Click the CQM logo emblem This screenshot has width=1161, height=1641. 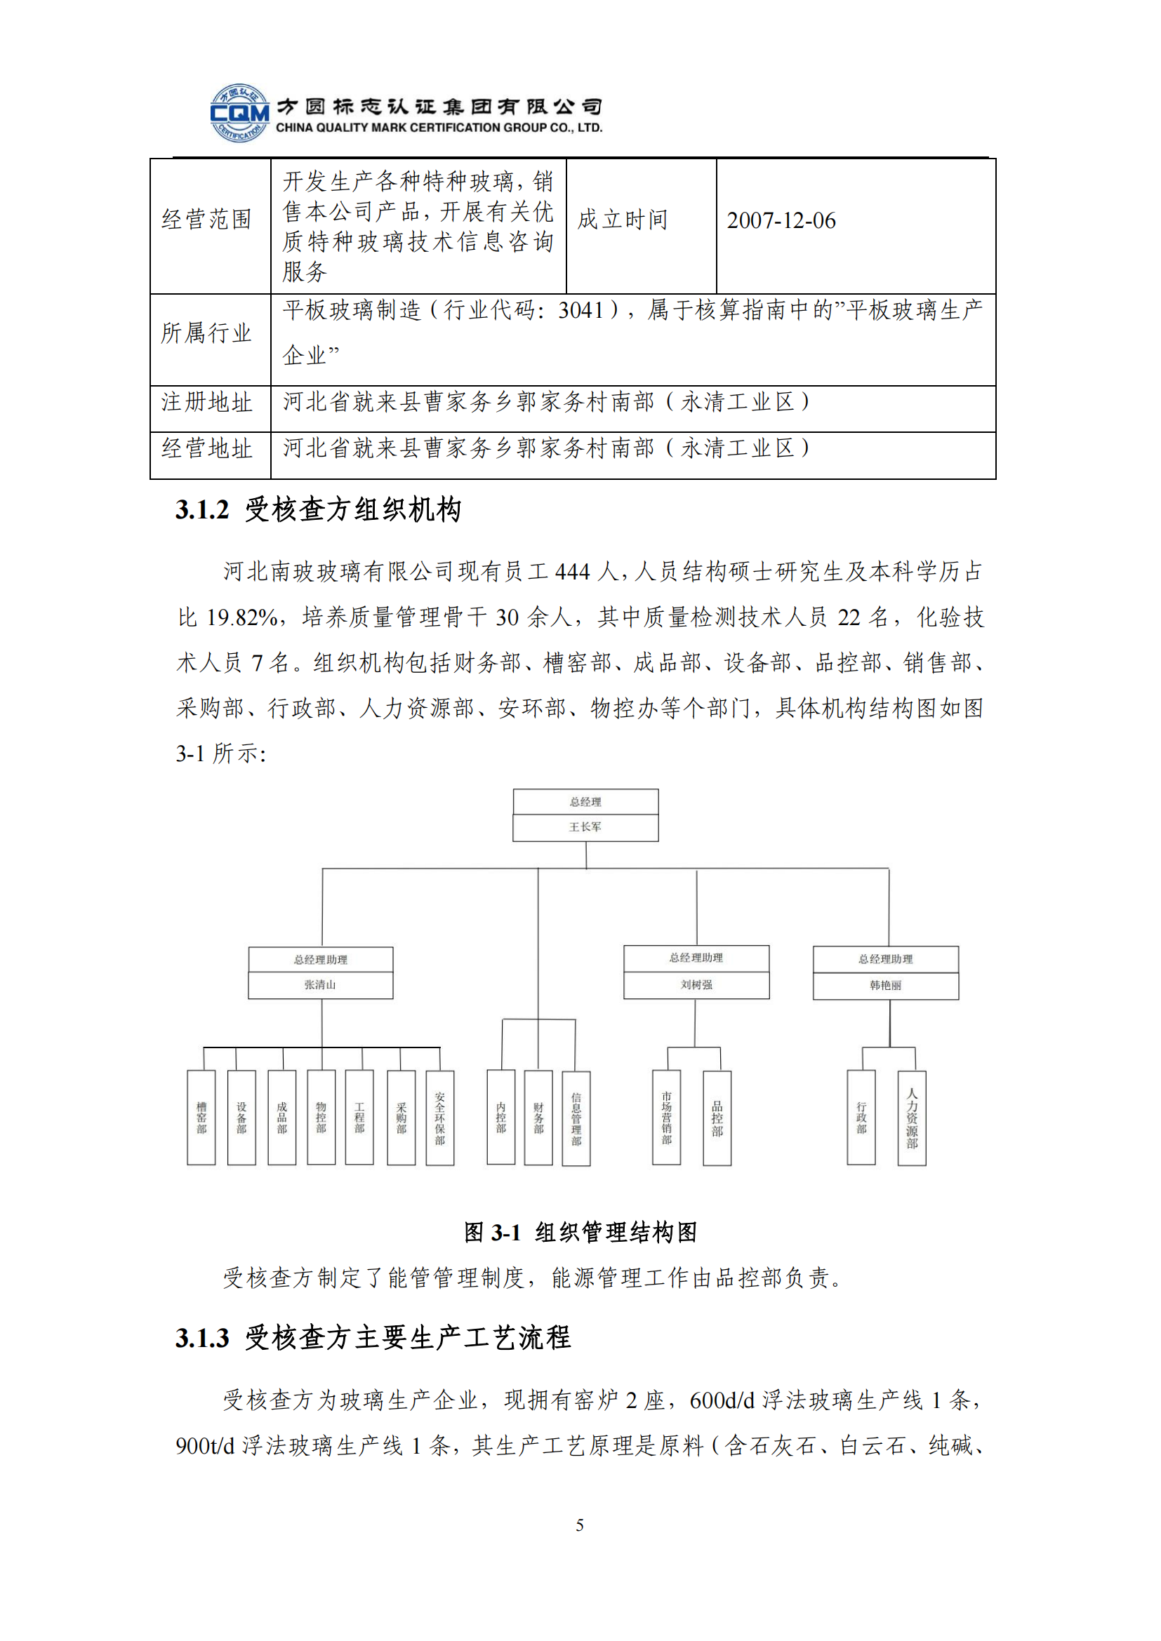point(239,113)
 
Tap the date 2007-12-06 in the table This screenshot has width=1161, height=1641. point(781,221)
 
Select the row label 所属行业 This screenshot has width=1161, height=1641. point(206,333)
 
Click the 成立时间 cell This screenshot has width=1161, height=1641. point(622,220)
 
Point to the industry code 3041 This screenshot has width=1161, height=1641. point(580,310)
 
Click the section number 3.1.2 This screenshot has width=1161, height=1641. point(202,510)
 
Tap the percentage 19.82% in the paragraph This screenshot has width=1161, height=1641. point(241,617)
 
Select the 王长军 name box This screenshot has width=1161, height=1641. point(585,827)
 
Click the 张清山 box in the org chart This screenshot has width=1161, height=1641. point(320,984)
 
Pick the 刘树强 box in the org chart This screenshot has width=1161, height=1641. point(696,984)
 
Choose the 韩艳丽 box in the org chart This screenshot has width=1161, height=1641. point(885,985)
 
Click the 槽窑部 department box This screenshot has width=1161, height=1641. point(201,1118)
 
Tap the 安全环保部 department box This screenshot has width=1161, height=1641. point(439,1118)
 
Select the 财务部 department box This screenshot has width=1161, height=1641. point(538,1118)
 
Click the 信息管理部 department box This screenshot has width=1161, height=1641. point(576,1118)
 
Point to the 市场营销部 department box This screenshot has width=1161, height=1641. point(666,1118)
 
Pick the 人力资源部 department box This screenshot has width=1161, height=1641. point(912,1118)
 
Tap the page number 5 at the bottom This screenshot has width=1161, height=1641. point(580,1525)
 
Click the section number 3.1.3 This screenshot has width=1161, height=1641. point(202,1338)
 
